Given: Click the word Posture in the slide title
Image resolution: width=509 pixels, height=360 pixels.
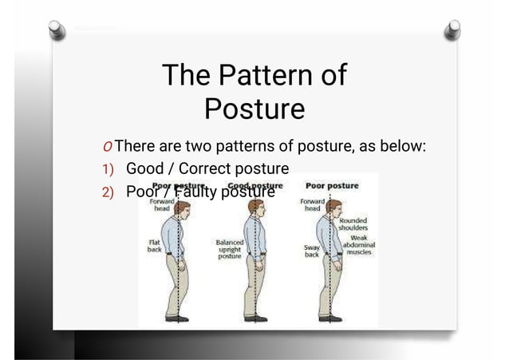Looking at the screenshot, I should (x=254, y=109).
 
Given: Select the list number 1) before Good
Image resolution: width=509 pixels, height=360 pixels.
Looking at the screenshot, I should (x=109, y=170).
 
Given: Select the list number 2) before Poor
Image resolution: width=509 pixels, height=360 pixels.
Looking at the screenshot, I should (x=109, y=192).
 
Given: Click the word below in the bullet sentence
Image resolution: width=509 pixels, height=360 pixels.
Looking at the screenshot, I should (x=405, y=147).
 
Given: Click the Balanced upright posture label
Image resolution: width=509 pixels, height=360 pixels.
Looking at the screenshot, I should (x=230, y=248).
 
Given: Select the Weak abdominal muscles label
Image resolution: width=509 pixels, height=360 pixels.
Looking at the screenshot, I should (x=358, y=244).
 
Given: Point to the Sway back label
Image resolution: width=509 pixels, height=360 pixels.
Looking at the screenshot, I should (x=312, y=251).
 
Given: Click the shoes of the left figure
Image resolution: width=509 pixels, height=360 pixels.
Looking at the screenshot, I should (x=176, y=318).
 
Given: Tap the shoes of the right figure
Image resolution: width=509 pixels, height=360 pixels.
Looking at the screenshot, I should (x=329, y=318).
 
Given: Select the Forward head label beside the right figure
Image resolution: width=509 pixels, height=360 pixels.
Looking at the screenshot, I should (x=311, y=205).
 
